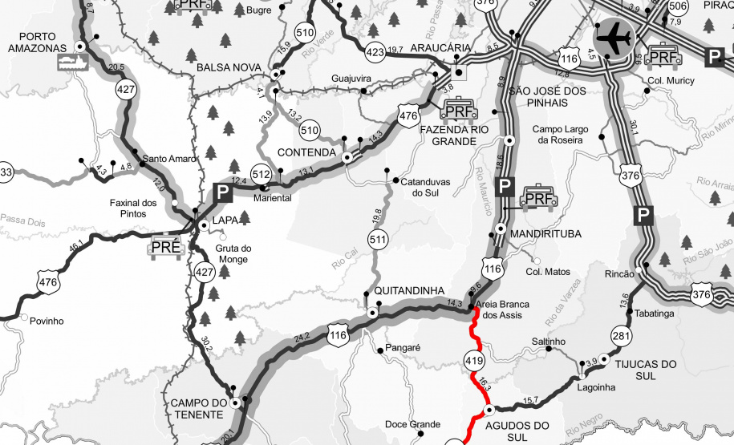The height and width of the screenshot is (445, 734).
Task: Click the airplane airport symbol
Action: (614, 38)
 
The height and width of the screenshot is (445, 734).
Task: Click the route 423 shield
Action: (375, 53)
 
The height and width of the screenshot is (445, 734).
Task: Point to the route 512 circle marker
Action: (261, 174)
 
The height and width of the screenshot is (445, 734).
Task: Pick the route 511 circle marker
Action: (379, 239)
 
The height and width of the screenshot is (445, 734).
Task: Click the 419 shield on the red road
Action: (473, 362)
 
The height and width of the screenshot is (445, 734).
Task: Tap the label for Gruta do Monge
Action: (234, 253)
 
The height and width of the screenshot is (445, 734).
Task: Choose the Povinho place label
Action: (47, 321)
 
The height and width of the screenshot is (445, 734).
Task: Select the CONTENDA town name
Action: (305, 152)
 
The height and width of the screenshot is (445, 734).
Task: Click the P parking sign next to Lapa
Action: (221, 192)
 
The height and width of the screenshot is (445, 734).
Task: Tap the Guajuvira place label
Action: (351, 79)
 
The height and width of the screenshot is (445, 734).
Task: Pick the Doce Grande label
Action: (412, 424)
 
